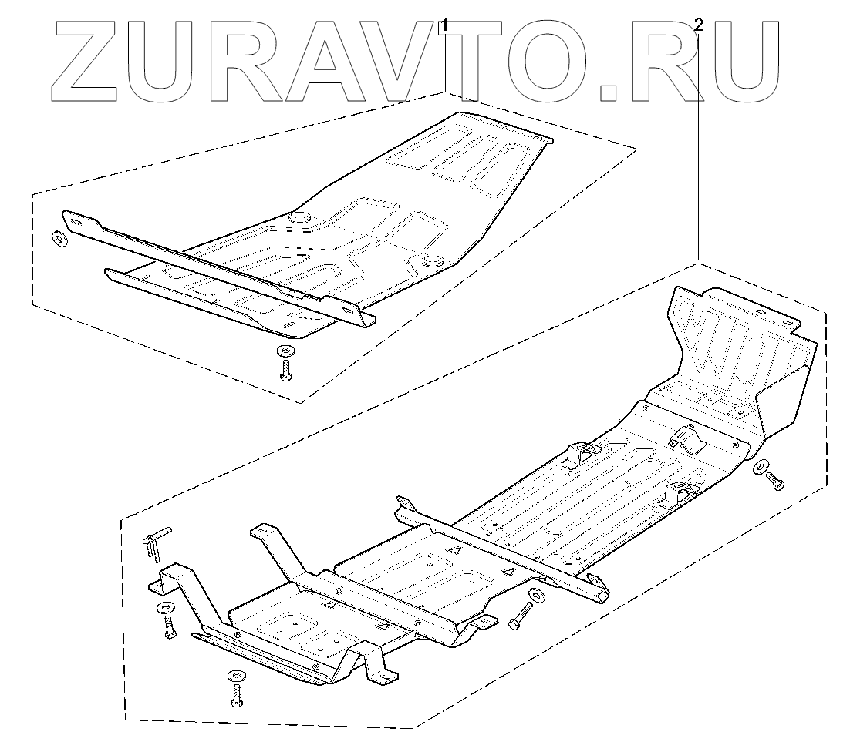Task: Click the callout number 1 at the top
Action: (444, 25)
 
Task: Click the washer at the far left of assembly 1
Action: (58, 237)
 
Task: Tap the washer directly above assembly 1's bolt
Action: (285, 351)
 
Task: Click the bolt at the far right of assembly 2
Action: (775, 482)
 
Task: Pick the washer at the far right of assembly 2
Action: (760, 466)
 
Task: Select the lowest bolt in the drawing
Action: (235, 697)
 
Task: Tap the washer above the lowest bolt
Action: (234, 677)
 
